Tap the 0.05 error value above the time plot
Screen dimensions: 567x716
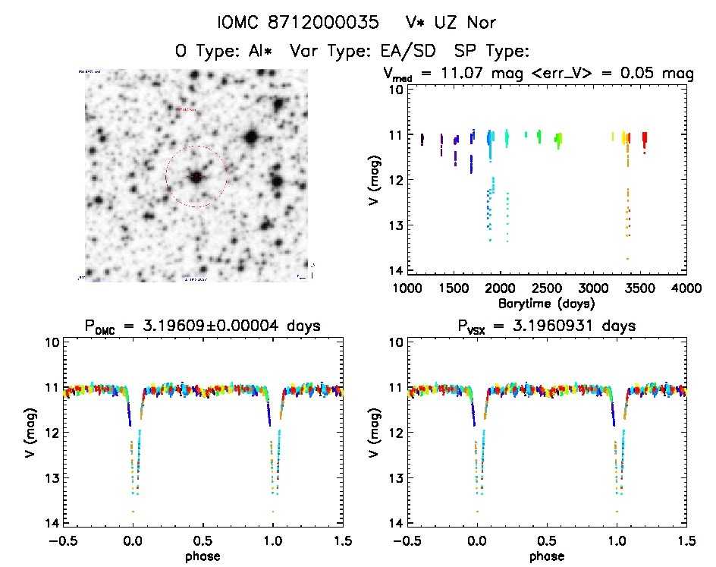click(644, 74)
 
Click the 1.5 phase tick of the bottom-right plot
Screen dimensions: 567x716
click(685, 540)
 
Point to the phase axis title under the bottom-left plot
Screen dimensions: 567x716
click(203, 556)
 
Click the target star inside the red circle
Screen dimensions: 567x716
click(196, 177)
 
